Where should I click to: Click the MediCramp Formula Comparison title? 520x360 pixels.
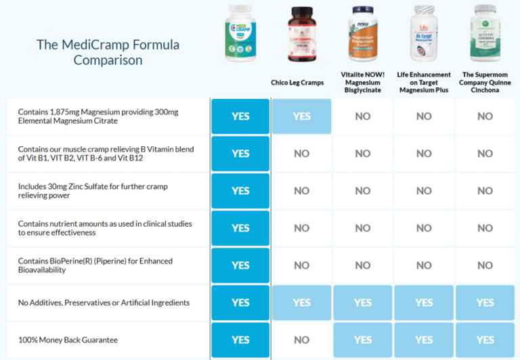pyautogui.click(x=108, y=53)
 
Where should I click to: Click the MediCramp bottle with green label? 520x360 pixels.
pyautogui.click(x=241, y=33)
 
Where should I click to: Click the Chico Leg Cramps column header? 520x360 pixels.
pyautogui.click(x=301, y=83)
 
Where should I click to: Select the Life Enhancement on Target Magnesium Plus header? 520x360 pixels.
pyautogui.click(x=425, y=82)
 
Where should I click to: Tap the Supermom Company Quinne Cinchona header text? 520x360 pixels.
pyautogui.click(x=485, y=82)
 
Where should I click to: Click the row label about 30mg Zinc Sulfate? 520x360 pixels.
pyautogui.click(x=95, y=191)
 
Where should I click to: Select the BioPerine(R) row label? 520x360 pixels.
pyautogui.click(x=95, y=265)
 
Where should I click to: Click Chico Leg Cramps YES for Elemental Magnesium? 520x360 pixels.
pyautogui.click(x=301, y=116)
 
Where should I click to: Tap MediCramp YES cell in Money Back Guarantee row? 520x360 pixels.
pyautogui.click(x=240, y=340)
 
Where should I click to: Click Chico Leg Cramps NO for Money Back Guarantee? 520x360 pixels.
pyautogui.click(x=301, y=340)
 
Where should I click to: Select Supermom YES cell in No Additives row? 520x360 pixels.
pyautogui.click(x=485, y=302)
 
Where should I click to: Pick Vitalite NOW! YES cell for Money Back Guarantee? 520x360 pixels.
pyautogui.click(x=362, y=340)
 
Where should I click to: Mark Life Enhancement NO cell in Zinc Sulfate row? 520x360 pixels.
pyautogui.click(x=424, y=191)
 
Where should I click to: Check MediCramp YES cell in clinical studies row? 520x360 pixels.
pyautogui.click(x=240, y=228)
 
